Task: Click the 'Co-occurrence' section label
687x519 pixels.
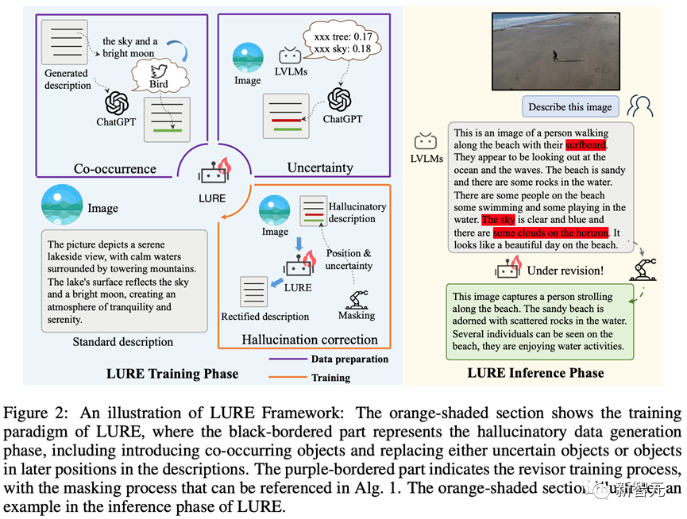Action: (x=115, y=168)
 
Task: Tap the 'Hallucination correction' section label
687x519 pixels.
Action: (x=310, y=340)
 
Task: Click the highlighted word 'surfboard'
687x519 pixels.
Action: (x=586, y=145)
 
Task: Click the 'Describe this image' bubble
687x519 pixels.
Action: (x=569, y=107)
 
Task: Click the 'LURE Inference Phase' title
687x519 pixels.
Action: (x=535, y=373)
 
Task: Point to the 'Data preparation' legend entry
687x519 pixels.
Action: (x=350, y=359)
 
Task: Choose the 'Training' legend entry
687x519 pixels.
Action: (x=330, y=379)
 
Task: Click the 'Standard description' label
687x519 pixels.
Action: (x=122, y=342)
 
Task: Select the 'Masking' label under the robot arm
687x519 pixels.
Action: (x=357, y=315)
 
